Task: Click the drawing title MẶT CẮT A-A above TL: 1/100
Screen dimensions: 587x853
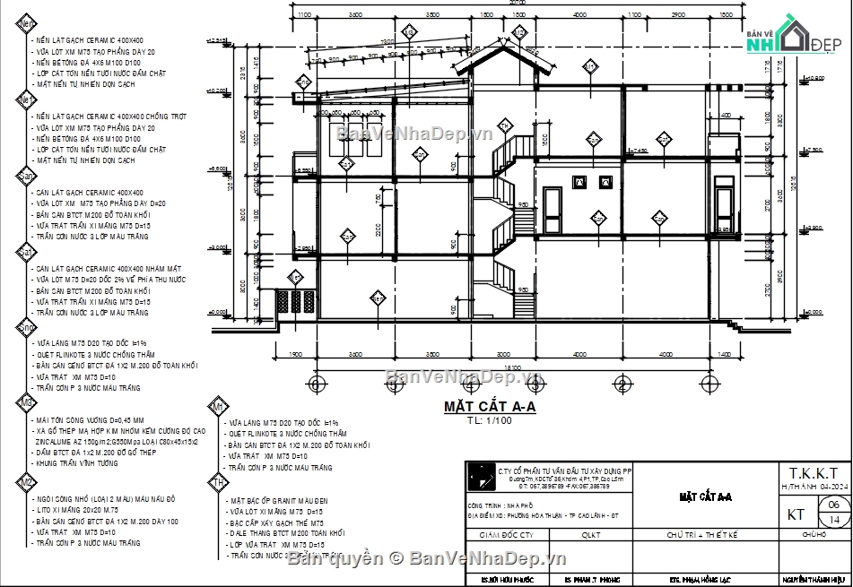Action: click(490, 407)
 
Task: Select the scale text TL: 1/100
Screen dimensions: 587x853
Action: click(489, 420)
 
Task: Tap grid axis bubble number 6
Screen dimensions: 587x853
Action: click(315, 384)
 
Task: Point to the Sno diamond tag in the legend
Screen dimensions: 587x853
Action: click(26, 330)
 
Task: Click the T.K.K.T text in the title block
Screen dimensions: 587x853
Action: click(814, 472)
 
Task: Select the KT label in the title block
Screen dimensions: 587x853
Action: click(796, 514)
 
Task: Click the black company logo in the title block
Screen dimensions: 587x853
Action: click(483, 477)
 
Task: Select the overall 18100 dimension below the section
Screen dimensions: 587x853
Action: click(512, 367)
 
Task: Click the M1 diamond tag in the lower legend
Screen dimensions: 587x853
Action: click(217, 407)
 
